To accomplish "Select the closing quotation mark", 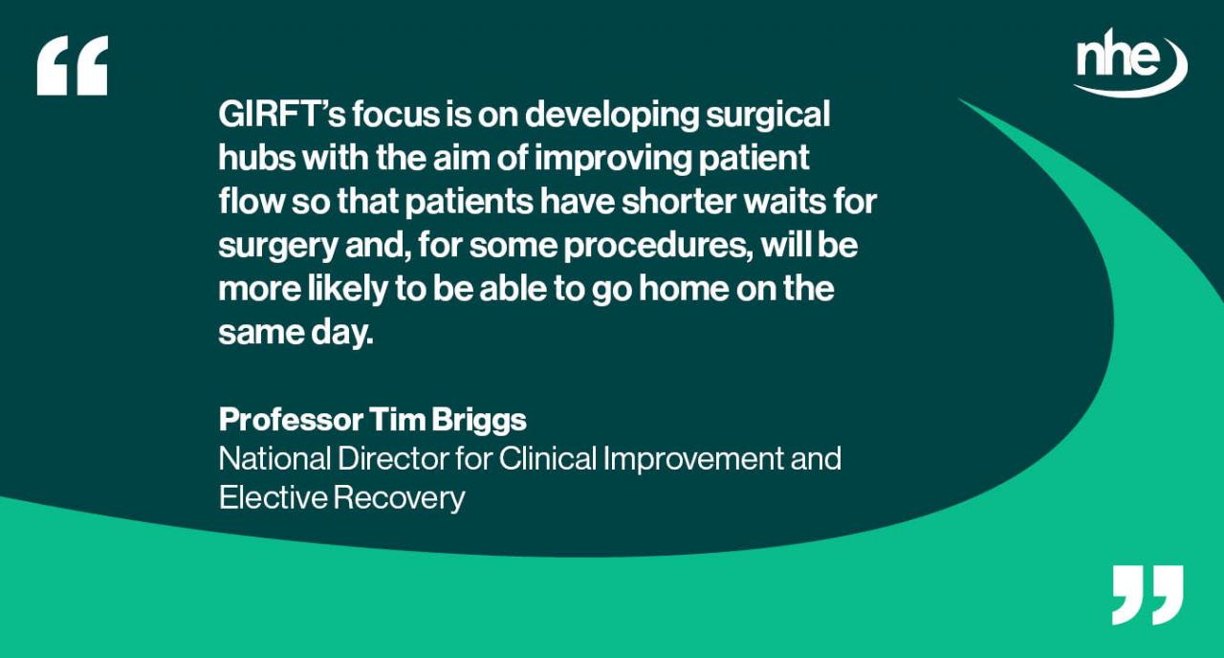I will pos(1147,594).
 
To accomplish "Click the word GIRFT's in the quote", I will pos(280,115).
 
